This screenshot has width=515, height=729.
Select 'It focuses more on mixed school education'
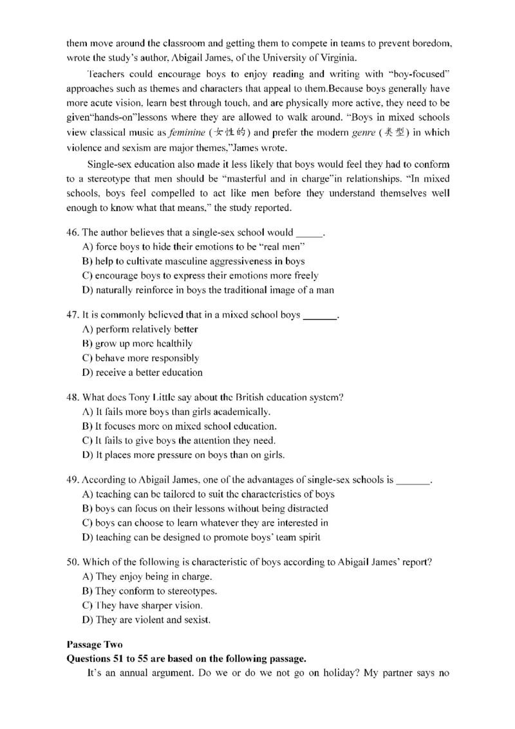[180, 426]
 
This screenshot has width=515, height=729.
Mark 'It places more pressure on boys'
[183, 455]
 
